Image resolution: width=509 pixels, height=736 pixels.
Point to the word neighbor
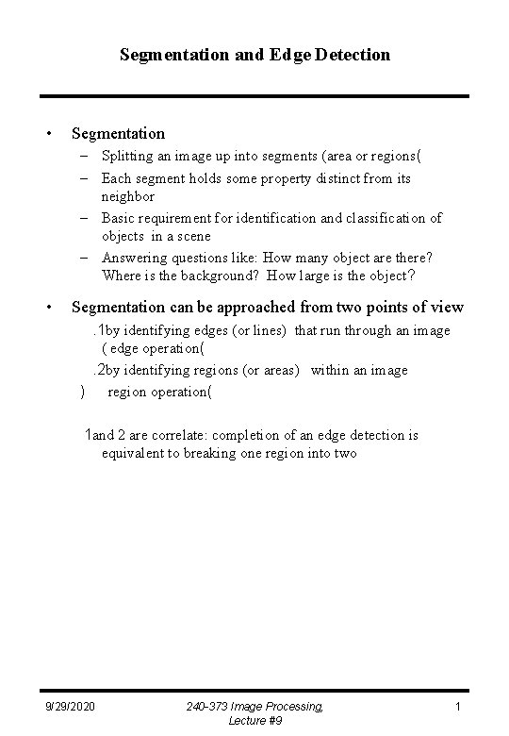coord(128,197)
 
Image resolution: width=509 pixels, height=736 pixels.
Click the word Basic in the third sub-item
coord(120,218)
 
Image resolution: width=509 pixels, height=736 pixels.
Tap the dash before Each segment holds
coord(83,177)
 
